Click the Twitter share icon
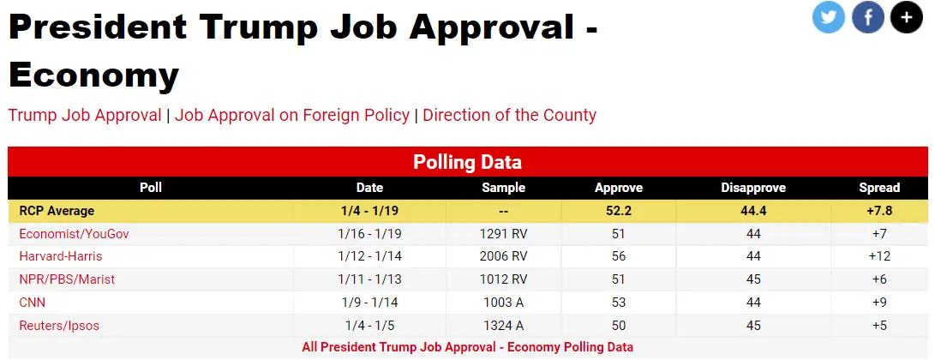(x=829, y=17)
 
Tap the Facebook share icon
(x=867, y=17)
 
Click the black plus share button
(x=907, y=17)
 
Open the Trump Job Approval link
(x=85, y=115)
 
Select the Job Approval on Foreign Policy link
(x=292, y=115)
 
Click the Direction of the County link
(x=509, y=115)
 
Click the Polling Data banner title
(x=467, y=162)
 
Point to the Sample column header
(x=503, y=188)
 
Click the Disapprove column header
(x=752, y=188)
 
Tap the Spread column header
(x=879, y=188)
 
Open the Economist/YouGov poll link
(x=74, y=233)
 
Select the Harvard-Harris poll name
(x=60, y=256)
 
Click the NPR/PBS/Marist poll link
(x=67, y=279)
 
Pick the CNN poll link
(x=33, y=303)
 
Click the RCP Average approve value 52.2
(x=618, y=211)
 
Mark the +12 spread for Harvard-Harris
(x=880, y=256)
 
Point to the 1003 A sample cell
(x=503, y=303)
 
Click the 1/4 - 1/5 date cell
(x=369, y=326)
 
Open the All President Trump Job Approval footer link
(x=467, y=347)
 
